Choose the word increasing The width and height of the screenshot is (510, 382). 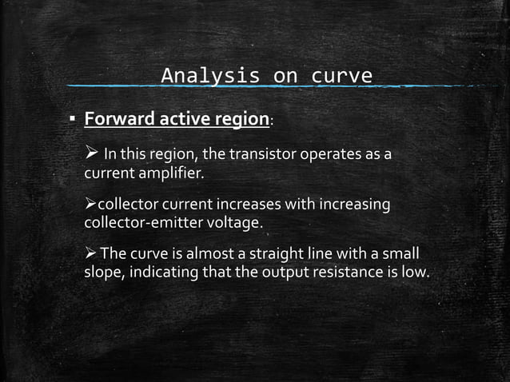click(x=355, y=205)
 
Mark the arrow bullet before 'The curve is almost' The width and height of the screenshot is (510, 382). click(x=90, y=255)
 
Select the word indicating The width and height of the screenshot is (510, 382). click(x=169, y=273)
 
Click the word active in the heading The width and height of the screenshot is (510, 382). click(x=181, y=120)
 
